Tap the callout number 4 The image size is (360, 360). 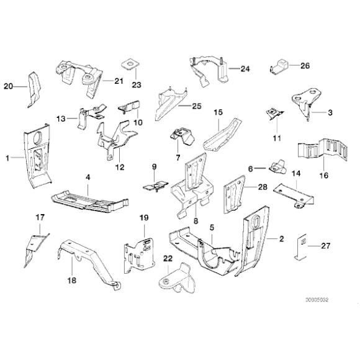[x=88, y=177]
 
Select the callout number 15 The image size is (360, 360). [x=217, y=112]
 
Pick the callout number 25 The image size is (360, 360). [x=197, y=106]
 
